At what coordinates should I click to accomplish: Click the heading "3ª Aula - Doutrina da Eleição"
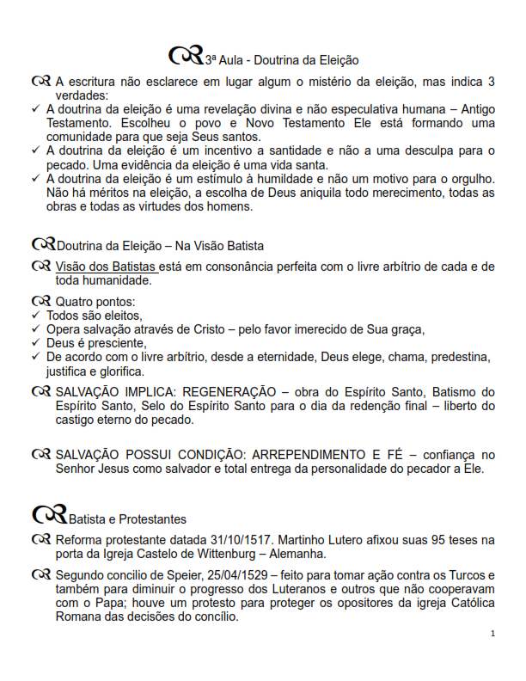[x=281, y=60]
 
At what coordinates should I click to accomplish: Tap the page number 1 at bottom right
[x=492, y=633]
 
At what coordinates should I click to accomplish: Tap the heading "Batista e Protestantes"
[x=127, y=519]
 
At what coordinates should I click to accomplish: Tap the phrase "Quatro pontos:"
[x=96, y=302]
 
